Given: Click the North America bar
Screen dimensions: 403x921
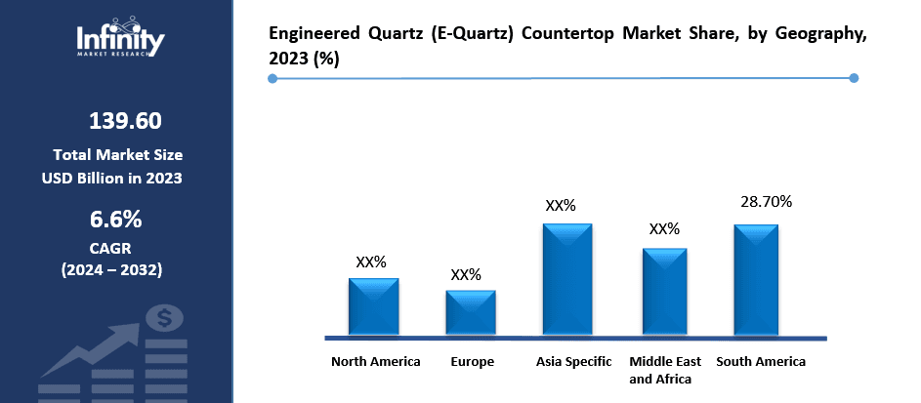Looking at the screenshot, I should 374,306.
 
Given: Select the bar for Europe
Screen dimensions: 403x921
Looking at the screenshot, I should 471,312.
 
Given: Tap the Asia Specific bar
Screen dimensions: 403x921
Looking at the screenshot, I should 566,279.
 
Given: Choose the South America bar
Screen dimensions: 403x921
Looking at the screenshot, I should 756,280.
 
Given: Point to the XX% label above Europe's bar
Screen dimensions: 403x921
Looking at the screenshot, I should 466,274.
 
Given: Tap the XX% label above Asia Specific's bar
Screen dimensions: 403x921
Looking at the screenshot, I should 561,206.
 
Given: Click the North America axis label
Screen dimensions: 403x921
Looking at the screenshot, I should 375,362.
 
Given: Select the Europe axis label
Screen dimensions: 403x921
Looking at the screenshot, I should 472,362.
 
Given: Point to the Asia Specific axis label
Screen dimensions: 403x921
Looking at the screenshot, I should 573,362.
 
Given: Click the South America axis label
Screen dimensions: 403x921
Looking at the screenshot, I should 761,362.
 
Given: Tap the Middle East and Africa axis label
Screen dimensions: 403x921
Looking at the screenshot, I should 664,370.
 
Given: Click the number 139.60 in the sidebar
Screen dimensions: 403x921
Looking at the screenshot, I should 125,121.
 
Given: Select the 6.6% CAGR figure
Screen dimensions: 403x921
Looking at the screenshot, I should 116,218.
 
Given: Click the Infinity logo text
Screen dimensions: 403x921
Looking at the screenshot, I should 121,40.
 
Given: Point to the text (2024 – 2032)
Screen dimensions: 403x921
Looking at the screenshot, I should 111,268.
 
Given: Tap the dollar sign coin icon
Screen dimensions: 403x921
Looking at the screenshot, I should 163,317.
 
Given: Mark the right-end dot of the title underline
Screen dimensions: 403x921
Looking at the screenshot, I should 854,78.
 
